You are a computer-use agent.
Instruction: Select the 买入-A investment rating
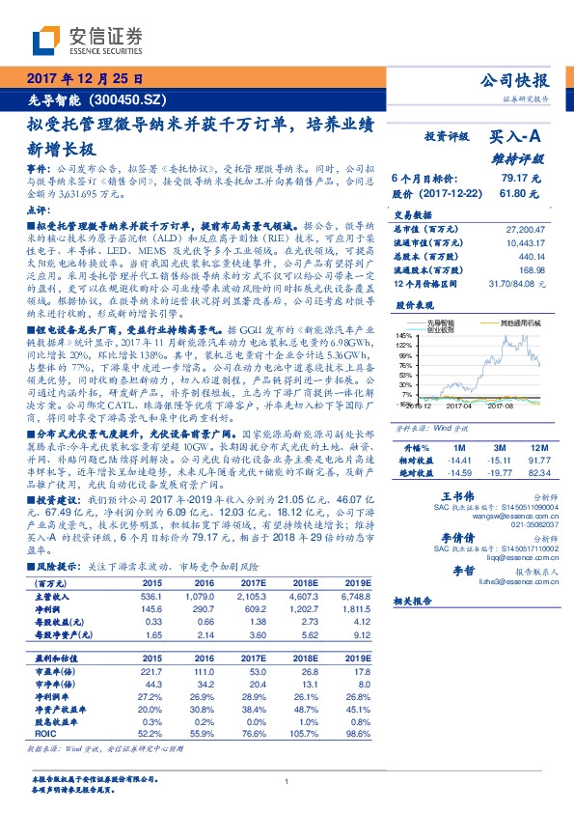515,138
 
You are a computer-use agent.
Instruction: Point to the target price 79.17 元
521,179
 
